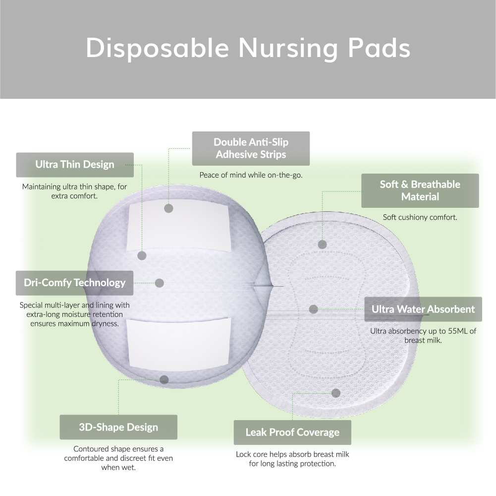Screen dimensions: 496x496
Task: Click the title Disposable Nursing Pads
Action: (248, 48)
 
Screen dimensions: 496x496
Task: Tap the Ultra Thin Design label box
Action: (75, 165)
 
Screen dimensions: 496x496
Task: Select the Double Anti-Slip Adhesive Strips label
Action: (251, 148)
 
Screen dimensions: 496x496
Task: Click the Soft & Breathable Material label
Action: (420, 190)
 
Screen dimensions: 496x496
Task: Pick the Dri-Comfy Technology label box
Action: (75, 283)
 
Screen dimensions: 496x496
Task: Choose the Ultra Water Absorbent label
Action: (423, 309)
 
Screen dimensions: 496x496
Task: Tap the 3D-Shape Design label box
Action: (118, 427)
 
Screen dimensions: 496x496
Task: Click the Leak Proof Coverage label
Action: (293, 433)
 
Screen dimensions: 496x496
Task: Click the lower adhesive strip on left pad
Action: (178, 343)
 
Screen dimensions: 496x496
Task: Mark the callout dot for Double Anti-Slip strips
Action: (168, 208)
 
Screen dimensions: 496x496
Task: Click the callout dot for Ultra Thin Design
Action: (142, 255)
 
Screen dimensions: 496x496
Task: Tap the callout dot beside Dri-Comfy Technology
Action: (160, 283)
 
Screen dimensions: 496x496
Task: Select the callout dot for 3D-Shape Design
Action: (164, 380)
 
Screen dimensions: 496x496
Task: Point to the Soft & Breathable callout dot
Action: (323, 244)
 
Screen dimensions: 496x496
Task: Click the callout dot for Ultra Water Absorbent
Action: (314, 309)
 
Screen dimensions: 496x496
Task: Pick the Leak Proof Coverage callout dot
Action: (336, 393)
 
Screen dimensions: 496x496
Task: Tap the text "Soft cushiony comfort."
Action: (420, 217)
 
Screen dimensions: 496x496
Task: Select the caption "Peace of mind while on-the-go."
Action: (251, 175)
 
